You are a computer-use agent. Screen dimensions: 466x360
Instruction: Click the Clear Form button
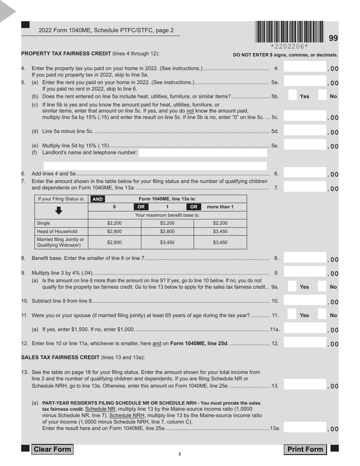[x=52, y=449]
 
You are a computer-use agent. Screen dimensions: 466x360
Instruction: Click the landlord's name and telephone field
[x=203, y=153]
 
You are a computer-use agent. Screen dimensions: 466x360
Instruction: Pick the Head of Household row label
[x=57, y=231]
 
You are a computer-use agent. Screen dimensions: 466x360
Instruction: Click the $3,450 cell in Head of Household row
[x=220, y=231]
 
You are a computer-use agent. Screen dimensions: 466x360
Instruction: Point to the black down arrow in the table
[x=59, y=211]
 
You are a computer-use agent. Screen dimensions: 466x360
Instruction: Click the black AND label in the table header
[x=98, y=199]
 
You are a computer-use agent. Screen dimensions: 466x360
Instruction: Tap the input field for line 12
[x=305, y=342]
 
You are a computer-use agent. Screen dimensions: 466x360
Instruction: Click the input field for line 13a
[x=305, y=427]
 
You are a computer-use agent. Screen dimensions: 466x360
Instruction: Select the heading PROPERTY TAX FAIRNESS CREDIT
[x=66, y=53]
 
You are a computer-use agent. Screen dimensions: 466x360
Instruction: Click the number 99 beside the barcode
[x=333, y=38]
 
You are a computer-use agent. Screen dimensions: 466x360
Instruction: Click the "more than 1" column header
[x=220, y=207]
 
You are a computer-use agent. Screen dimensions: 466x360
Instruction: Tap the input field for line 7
[x=305, y=187]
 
